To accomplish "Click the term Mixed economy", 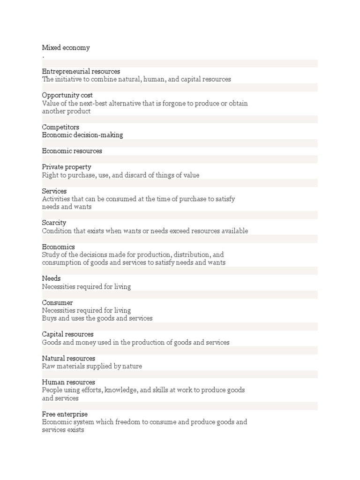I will click(x=66, y=48).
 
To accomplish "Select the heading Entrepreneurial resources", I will click(x=81, y=72).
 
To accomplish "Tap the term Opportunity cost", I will click(x=67, y=96).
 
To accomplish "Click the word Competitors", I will click(x=60, y=127).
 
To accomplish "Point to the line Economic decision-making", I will click(x=82, y=135).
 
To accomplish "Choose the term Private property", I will click(x=67, y=167).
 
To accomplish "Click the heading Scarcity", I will click(x=54, y=223).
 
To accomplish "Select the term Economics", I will click(x=58, y=247).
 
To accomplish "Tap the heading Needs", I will click(x=51, y=279).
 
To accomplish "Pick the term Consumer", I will click(x=57, y=303).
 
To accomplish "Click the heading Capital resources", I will click(x=68, y=335).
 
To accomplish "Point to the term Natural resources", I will click(x=68, y=359).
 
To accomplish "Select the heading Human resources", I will click(x=68, y=382).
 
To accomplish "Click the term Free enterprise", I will click(x=65, y=414).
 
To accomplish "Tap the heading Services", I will click(x=54, y=191).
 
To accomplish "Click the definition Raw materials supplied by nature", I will click(x=92, y=367).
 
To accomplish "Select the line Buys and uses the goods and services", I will click(x=97, y=319).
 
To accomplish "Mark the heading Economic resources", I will click(x=72, y=151).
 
